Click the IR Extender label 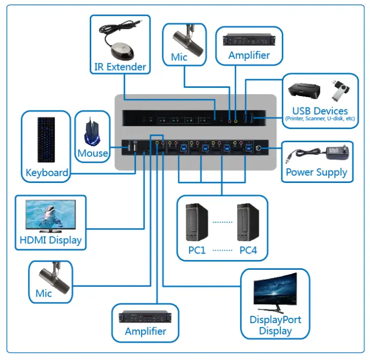tap(120, 67)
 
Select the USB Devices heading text tap(320, 111)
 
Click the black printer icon tap(304, 91)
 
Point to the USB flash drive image tap(340, 89)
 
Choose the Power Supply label tap(317, 172)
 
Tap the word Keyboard tap(47, 173)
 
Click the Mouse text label tap(93, 153)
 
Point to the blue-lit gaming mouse tap(92, 131)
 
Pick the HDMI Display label tap(50, 240)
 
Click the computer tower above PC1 tap(198, 222)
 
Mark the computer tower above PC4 tap(248, 222)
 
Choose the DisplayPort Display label tap(275, 325)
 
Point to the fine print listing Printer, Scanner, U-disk tap(320, 119)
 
